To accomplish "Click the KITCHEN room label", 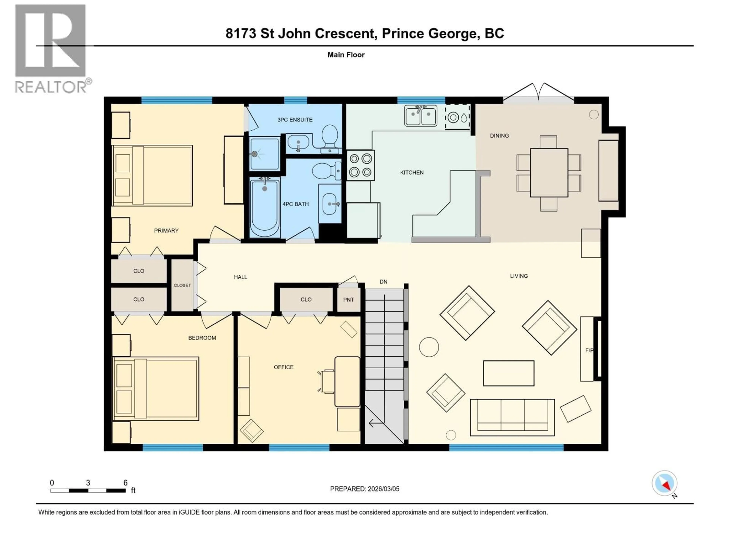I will point(412,172).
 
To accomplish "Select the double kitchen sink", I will point(421,116).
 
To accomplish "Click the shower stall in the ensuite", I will point(264,154).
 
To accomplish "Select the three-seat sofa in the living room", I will point(512,417).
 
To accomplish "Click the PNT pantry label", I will point(348,300).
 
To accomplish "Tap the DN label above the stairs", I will point(383,282).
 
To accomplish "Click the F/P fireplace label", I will point(589,350).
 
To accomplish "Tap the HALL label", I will point(240,277).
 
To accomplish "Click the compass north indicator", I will point(665,483).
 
